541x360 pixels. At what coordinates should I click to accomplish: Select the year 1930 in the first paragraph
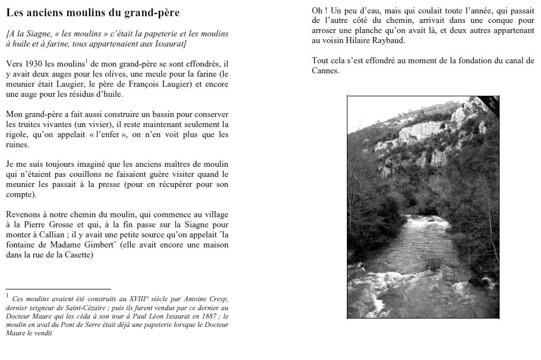tap(37, 64)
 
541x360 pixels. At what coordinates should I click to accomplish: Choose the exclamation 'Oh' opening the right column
tap(317, 11)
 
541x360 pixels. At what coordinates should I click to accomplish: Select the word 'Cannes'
tap(325, 71)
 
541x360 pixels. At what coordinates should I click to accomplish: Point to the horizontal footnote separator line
tap(58, 289)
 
